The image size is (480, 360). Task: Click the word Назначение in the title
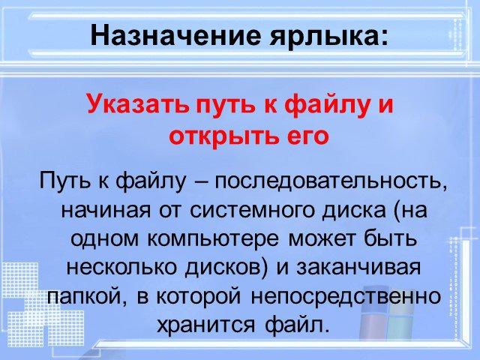click(x=175, y=35)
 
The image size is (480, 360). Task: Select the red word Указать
click(x=137, y=103)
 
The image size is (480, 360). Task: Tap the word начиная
click(x=106, y=210)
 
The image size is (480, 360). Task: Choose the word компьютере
click(x=213, y=240)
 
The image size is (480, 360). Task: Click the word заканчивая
click(x=358, y=268)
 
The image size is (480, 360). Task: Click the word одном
click(x=105, y=240)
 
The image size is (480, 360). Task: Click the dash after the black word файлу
click(x=199, y=182)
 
